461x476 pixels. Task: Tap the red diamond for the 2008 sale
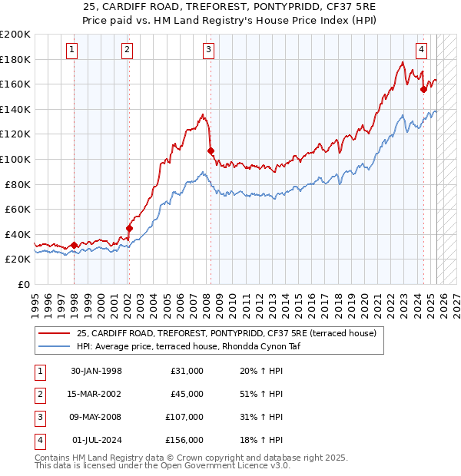211,150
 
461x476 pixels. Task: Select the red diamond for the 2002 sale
129,228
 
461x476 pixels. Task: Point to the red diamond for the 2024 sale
423,89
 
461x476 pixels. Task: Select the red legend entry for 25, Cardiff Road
226,333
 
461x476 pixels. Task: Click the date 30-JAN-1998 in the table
96,371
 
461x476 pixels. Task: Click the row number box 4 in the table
39,441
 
